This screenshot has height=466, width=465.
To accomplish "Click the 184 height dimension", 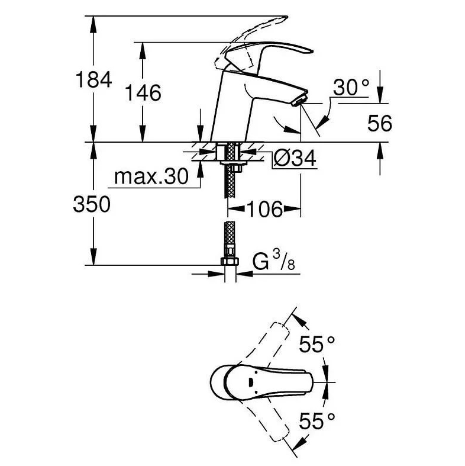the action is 94,80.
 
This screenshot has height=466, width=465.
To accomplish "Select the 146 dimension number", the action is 143,93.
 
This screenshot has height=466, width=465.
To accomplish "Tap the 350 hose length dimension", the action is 92,204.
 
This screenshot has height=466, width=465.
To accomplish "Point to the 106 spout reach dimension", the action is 264,209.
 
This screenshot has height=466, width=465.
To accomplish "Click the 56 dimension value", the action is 379,123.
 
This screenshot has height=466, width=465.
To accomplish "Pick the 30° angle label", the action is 351,88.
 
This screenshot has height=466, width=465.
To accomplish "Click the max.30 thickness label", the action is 151,176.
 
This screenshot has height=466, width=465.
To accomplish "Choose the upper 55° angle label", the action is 317,344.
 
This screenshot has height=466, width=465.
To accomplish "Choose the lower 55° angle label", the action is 317,421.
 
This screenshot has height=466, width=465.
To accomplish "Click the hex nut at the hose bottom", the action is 230,262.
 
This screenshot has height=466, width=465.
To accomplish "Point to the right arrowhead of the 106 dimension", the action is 292,209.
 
